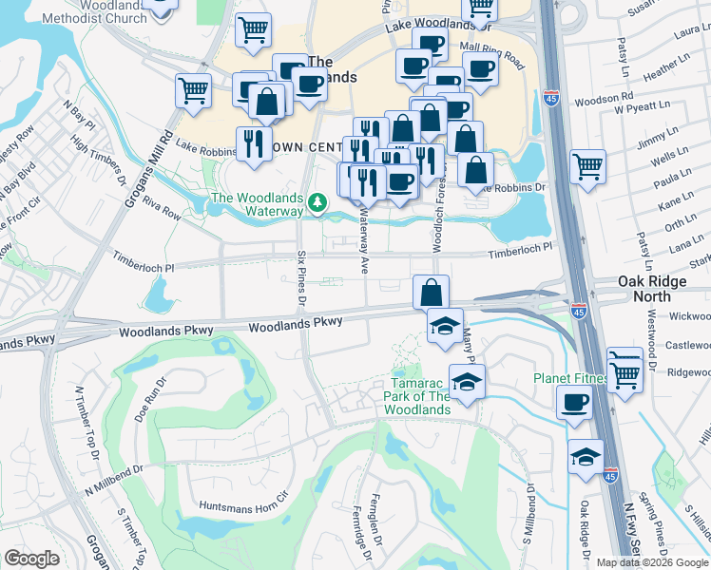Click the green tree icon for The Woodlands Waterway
pos(318,202)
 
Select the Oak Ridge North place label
pos(659,289)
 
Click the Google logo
pos(31,559)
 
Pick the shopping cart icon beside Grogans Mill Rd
pos(193,91)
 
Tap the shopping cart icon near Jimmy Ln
pos(587,166)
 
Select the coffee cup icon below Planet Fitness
pos(574,403)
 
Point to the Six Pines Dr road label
pos(300,277)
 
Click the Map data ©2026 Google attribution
pos(652,561)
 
